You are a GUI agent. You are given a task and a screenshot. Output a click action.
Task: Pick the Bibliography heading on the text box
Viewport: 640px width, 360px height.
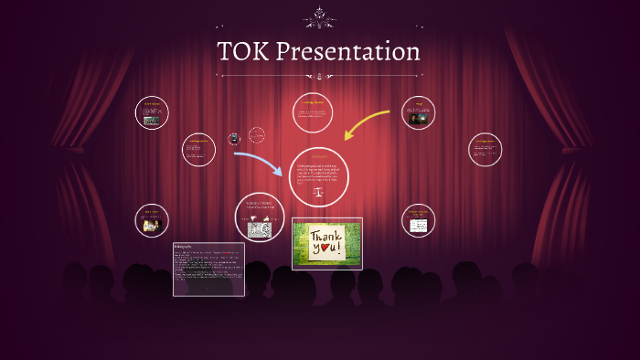coord(187,247)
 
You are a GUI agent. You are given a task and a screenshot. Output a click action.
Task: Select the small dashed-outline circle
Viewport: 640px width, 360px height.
coord(257,135)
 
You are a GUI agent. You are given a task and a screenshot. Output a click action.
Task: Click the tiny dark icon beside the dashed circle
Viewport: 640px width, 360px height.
coord(235,139)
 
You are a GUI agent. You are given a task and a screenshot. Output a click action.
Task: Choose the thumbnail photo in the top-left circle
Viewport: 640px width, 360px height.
coord(152,120)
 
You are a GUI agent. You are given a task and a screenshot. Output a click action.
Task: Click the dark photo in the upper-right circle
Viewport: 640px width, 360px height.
coord(418,116)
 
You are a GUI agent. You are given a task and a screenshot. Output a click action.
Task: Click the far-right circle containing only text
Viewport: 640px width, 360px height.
coord(485,150)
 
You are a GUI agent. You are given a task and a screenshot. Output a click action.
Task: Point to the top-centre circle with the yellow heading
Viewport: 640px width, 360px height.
coord(313,111)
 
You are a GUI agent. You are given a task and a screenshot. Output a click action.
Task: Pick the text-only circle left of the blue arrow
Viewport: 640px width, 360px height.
coord(198,150)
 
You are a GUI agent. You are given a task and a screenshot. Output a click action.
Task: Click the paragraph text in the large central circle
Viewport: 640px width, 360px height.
coord(319,173)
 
